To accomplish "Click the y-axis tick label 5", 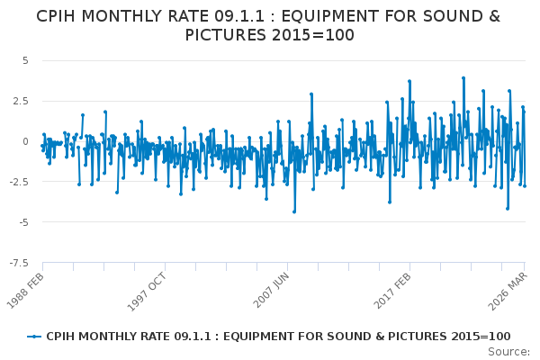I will pyautogui.click(x=25, y=60).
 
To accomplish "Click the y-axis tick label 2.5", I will pyautogui.click(x=21, y=101).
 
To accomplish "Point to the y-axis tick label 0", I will pyautogui.click(x=25, y=141).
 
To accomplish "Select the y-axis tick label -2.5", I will pyautogui.click(x=19, y=182).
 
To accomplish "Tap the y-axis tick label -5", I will pyautogui.click(x=23, y=222).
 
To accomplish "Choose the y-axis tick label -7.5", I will pyautogui.click(x=19, y=263).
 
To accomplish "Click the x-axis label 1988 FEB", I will pyautogui.click(x=28, y=290).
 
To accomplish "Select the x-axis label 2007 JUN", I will pyautogui.click(x=270, y=290).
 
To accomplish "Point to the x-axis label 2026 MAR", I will pyautogui.click(x=509, y=290).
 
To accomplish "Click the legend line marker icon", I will pyautogui.click(x=34, y=336).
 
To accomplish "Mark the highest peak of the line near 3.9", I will pyautogui.click(x=463, y=78).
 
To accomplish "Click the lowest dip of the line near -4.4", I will pyautogui.click(x=293, y=211).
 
